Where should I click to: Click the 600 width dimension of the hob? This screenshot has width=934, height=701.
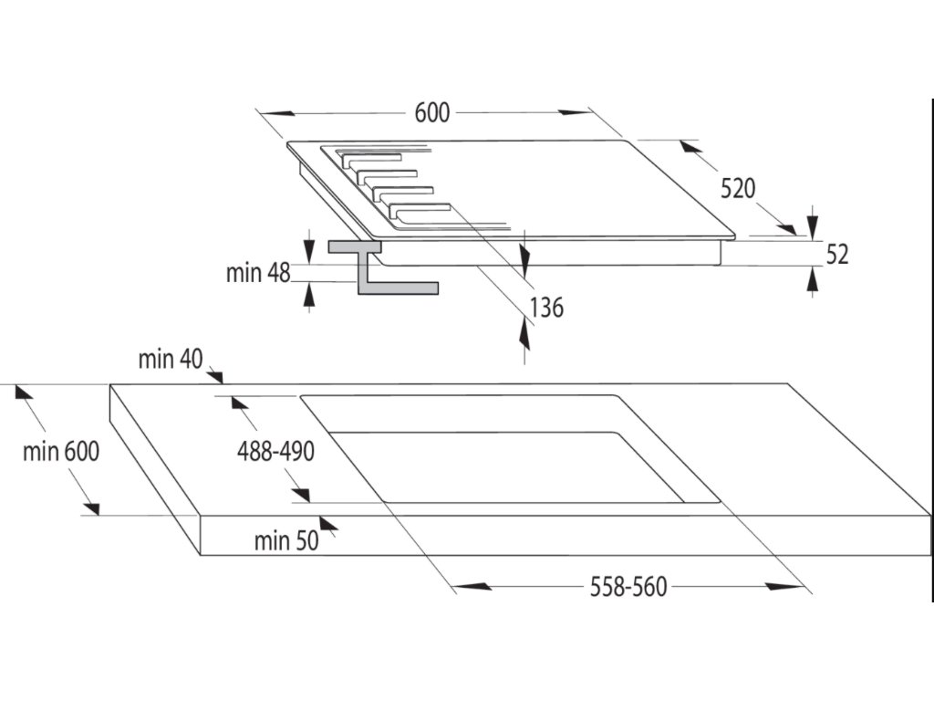click(432, 112)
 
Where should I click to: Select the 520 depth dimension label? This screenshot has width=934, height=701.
click(738, 188)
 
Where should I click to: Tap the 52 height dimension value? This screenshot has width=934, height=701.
click(837, 255)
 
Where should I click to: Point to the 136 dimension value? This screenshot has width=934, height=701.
click(546, 308)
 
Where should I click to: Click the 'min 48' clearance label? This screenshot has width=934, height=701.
click(258, 273)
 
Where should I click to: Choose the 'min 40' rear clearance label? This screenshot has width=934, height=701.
click(171, 360)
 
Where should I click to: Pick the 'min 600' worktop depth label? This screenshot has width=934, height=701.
click(61, 452)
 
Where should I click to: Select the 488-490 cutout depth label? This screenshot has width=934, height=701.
click(275, 452)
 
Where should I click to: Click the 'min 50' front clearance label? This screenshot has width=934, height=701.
click(286, 540)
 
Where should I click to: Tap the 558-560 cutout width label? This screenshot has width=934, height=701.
click(628, 587)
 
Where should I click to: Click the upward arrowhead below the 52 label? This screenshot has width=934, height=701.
click(813, 279)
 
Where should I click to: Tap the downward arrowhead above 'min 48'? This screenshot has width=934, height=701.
click(308, 250)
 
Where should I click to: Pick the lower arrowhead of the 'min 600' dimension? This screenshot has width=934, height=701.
click(91, 507)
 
